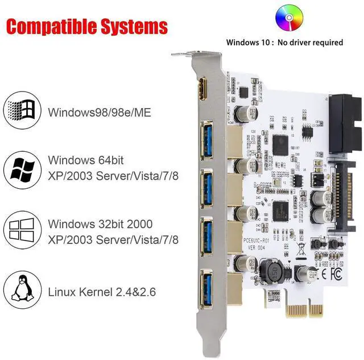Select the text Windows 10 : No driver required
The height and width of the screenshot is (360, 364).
click(x=284, y=42)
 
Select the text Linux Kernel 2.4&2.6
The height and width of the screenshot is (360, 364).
click(x=102, y=293)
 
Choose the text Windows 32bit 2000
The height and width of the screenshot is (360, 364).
click(x=100, y=224)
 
